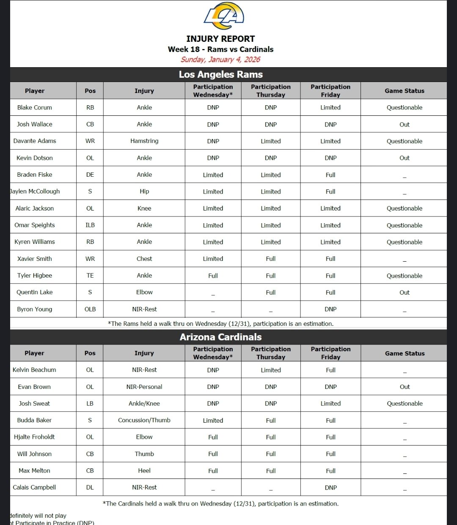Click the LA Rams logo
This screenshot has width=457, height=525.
pos(224,16)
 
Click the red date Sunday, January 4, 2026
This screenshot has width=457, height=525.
pos(220,60)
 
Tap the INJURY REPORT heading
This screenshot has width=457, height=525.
pos(220,39)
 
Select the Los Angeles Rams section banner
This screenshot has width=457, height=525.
pos(220,74)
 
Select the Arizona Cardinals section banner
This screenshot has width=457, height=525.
pos(220,337)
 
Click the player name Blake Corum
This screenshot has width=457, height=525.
pos(35,107)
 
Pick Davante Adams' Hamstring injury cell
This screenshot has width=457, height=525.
pos(144,141)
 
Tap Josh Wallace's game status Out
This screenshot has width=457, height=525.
pos(405,124)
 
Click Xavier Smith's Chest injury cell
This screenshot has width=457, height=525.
pos(144,259)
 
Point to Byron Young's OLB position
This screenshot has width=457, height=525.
pos(90,309)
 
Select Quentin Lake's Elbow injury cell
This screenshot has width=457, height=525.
pos(144,292)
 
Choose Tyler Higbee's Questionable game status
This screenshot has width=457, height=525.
pos(405,276)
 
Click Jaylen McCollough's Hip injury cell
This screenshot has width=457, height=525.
pos(144,191)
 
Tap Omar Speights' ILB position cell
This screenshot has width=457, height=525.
pos(90,225)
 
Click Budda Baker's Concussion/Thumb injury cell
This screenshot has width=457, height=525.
pos(144,420)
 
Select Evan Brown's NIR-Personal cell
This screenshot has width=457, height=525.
pos(144,387)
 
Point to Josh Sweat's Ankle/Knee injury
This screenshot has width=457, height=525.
pos(144,403)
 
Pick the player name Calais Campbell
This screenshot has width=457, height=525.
pos(34,487)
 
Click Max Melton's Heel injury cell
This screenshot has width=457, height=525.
pos(144,470)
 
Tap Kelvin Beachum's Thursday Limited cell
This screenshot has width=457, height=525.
pos(271,370)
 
